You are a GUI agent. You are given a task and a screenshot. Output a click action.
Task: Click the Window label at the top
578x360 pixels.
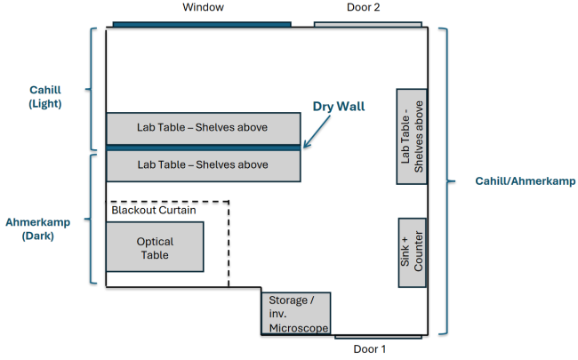point(204,8)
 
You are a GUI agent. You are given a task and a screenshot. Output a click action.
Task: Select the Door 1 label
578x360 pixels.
point(370,349)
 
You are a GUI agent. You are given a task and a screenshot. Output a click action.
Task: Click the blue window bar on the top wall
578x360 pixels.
point(202,24)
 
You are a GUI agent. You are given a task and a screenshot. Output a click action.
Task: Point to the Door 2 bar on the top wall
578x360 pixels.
point(356,24)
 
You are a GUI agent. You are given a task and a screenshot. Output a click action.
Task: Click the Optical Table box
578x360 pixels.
point(155,247)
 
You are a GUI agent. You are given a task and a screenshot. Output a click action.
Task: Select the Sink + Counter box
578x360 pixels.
point(412,252)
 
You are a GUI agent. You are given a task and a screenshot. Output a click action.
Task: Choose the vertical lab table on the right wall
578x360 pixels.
point(412,136)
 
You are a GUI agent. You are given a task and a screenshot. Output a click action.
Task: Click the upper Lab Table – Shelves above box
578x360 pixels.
point(203,128)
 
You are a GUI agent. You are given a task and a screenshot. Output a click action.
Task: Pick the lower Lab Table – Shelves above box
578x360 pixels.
point(203,164)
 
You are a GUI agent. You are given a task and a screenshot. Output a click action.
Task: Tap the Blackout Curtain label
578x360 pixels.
point(156,211)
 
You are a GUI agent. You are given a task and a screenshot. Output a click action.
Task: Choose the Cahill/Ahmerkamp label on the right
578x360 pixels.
point(514,181)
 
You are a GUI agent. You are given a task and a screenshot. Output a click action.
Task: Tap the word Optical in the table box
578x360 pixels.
point(155,241)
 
